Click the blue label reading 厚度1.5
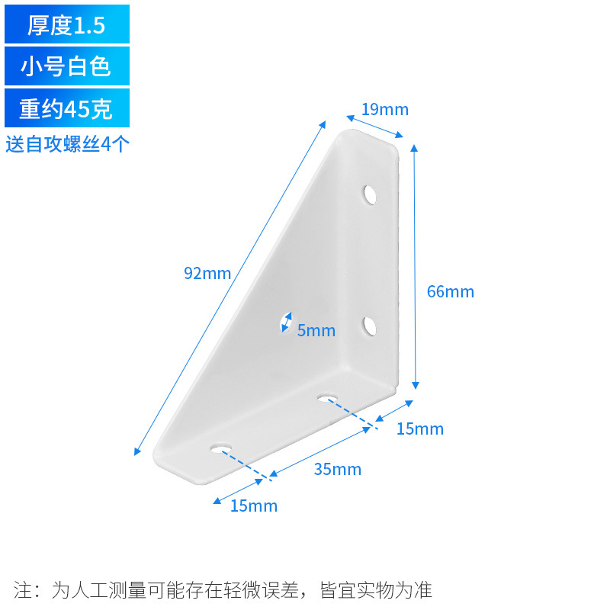pos(66,24)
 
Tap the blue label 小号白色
pos(66,66)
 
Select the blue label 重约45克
pos(66,108)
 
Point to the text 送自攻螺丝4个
pos(67,144)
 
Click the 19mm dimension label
pos(385,110)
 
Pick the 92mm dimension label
pos(207,273)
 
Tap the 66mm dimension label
pos(451,291)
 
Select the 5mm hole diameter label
pos(316,330)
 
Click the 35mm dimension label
pos(338,469)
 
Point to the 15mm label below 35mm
pos(254,506)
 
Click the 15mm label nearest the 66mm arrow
pos(420,429)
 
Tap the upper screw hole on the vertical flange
pos(371,194)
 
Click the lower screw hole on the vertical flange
pos(370,327)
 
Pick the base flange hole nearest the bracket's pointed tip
pos(223,447)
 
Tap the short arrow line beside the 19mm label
pos(373,127)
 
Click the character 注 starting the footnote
pos(22,590)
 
